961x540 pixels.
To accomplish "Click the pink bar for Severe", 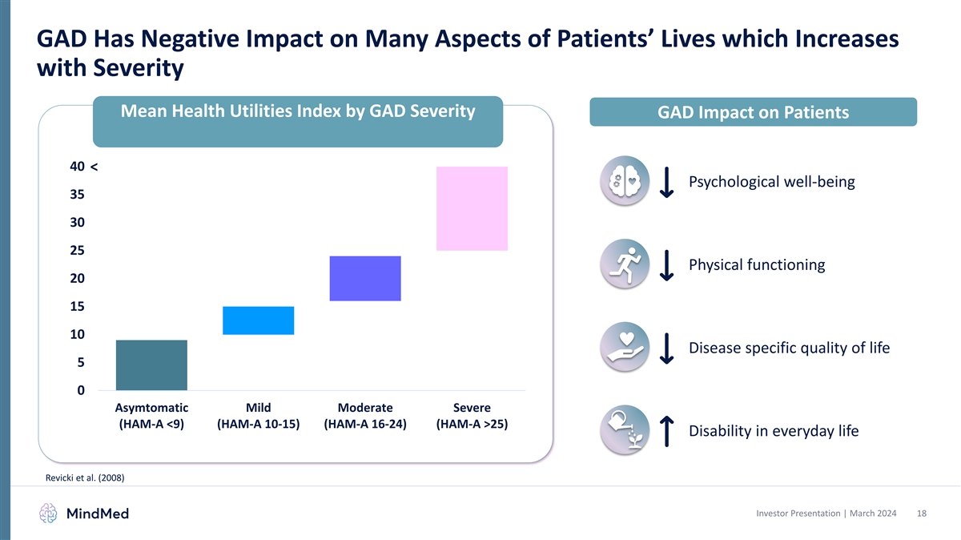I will point(472,208).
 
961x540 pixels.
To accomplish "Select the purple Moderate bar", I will point(365,279).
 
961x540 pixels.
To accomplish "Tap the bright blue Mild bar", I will point(258,320).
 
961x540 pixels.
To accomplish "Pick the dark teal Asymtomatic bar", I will point(151,365).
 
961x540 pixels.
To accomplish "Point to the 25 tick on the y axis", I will point(78,251).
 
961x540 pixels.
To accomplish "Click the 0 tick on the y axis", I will point(82,391).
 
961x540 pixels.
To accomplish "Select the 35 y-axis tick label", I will point(78,195).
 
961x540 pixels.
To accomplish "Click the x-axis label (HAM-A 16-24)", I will point(365,425).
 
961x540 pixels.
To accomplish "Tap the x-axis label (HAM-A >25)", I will point(472,425).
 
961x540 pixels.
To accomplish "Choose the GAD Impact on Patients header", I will point(753,113).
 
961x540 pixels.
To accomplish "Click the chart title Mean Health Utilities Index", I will point(297,111).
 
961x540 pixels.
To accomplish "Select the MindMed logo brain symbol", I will point(49,513).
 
